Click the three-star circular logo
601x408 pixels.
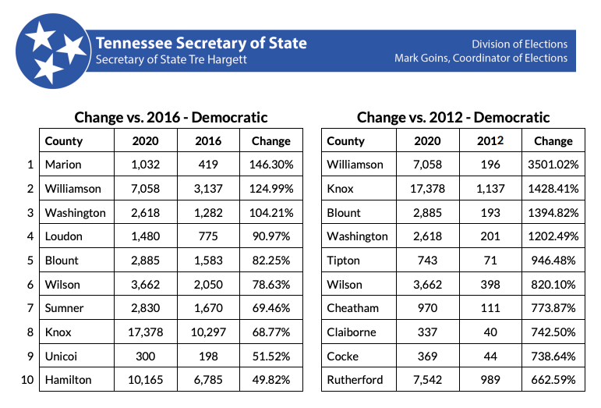[53, 51]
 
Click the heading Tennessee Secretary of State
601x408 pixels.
[201, 43]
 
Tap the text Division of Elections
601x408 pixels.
[519, 44]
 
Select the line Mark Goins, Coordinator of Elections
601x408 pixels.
[481, 58]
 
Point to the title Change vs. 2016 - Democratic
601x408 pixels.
[171, 117]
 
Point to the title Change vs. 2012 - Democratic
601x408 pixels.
[453, 117]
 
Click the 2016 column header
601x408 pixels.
[208, 140]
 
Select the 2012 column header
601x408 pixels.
[490, 140]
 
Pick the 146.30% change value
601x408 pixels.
[271, 165]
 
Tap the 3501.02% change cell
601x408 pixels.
[553, 165]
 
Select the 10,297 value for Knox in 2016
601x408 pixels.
[208, 332]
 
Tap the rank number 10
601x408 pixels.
[27, 380]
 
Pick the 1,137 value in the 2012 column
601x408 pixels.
[490, 189]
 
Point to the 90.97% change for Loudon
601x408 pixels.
[271, 236]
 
